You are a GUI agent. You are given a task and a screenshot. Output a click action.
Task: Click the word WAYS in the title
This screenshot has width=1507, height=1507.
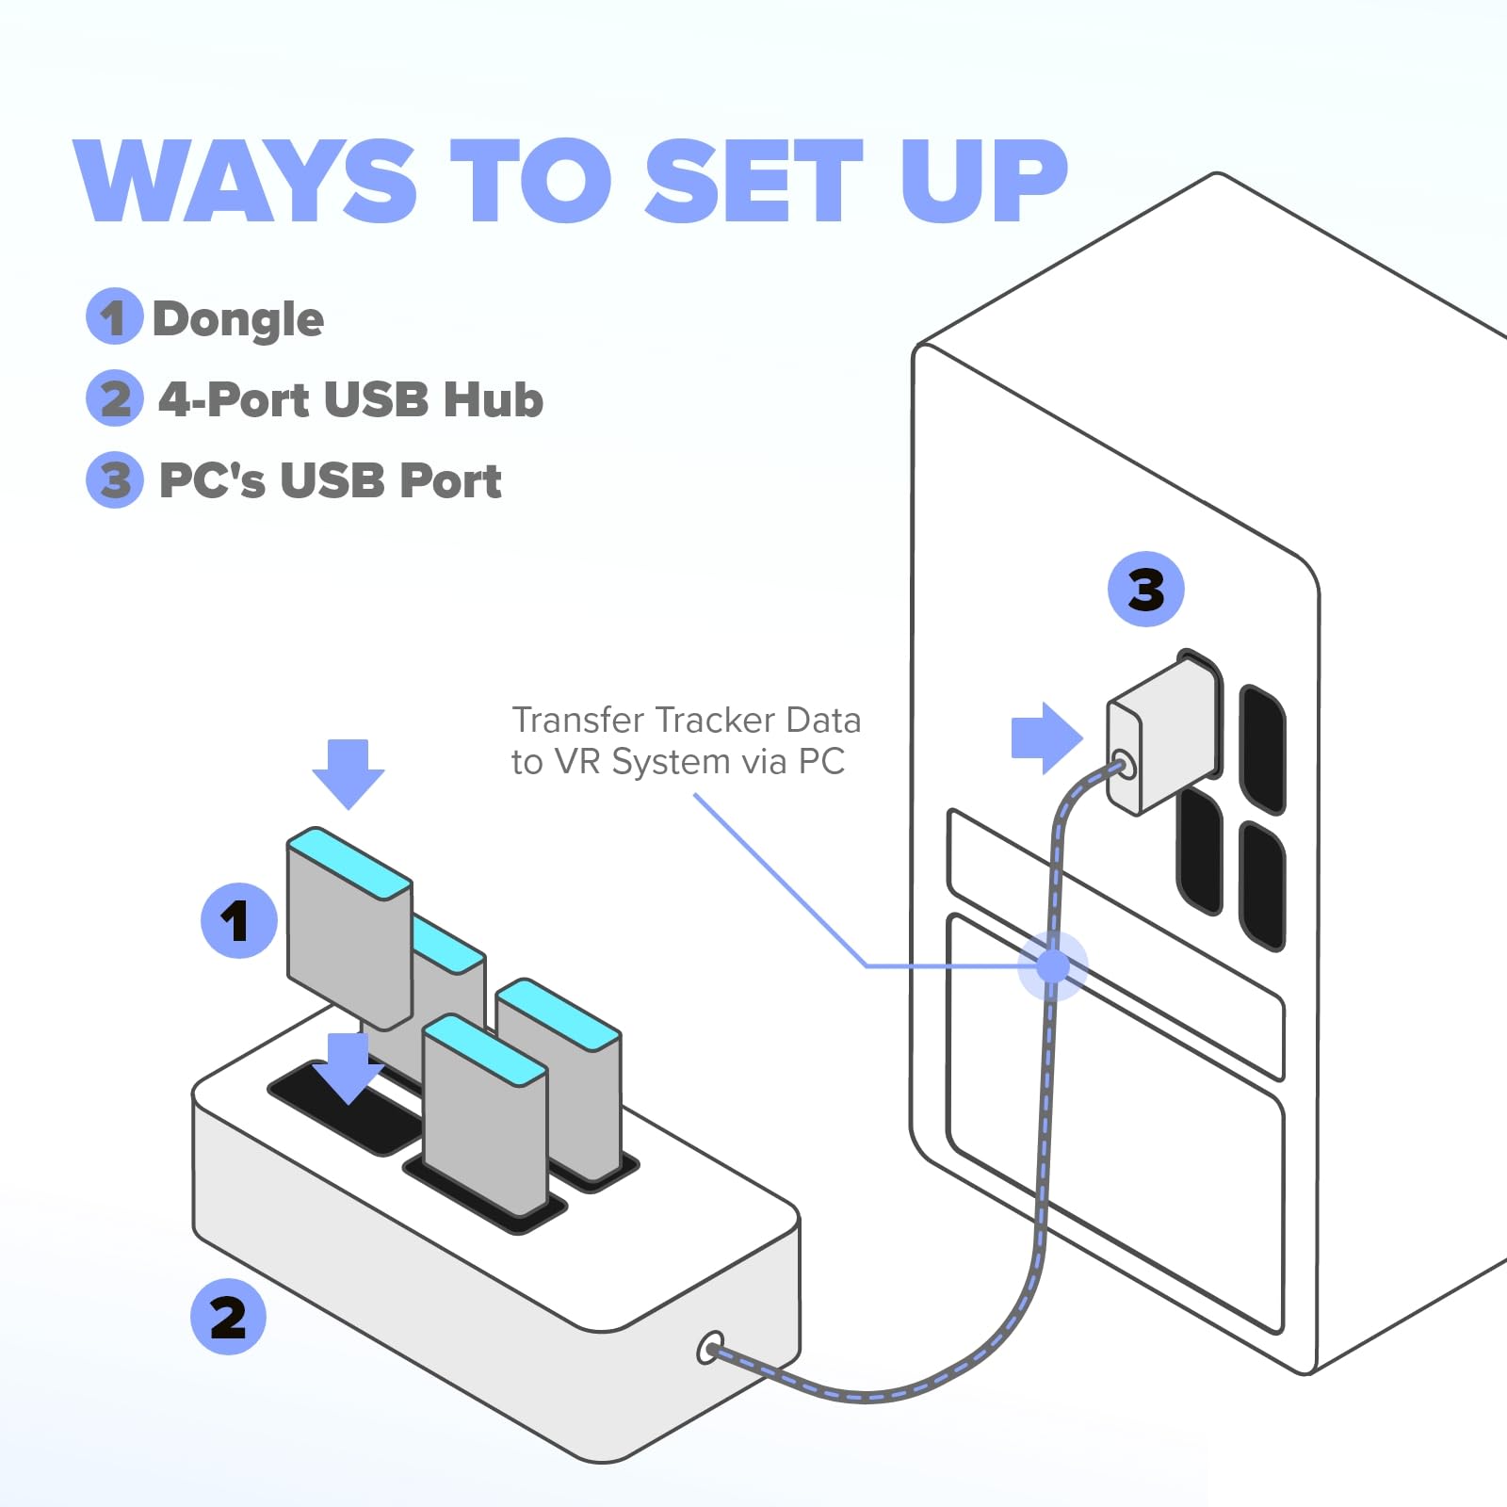245,181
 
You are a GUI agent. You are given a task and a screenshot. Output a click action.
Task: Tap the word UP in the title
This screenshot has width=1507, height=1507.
983,181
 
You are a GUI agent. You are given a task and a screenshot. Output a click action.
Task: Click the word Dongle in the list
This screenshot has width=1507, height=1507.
238,319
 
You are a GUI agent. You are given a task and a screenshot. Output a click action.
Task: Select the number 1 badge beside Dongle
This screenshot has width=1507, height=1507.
114,316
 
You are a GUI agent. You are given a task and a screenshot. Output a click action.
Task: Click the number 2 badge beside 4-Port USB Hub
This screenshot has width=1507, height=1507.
114,397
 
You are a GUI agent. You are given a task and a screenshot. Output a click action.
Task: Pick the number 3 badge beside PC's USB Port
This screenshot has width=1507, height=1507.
114,479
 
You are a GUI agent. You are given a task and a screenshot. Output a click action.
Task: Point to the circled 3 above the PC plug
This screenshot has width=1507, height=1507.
1145,590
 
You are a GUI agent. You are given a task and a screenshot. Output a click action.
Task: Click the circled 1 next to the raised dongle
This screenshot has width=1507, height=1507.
238,920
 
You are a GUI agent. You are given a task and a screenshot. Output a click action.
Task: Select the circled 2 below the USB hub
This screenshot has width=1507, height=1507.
228,1317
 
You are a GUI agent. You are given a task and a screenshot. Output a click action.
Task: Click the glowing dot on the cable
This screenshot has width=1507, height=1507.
1052,965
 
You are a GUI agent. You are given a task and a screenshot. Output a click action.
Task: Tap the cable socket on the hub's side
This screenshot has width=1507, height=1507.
711,1348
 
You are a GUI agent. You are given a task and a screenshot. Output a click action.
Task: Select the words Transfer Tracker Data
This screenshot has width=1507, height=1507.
686,721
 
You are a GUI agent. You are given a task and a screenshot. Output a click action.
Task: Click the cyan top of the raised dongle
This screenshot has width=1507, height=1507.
348,863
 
